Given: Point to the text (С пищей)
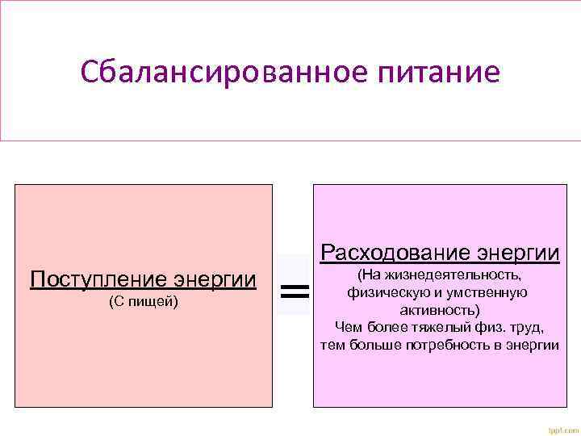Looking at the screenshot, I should tap(143, 302).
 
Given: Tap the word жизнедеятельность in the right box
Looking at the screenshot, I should tap(455, 276).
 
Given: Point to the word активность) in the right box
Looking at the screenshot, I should tap(440, 309).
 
